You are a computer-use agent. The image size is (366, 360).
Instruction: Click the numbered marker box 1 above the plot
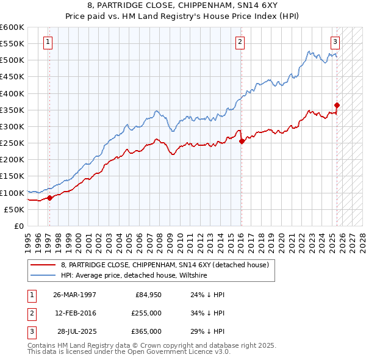pyautogui.click(x=48, y=41)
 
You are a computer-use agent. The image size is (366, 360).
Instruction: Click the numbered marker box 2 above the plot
pyautogui.click(x=240, y=41)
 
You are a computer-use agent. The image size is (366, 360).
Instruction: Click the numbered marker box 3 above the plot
pyautogui.click(x=335, y=41)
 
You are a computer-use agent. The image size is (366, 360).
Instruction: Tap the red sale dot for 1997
pyautogui.click(x=49, y=197)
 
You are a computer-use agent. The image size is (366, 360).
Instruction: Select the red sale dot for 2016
pyautogui.click(x=242, y=141)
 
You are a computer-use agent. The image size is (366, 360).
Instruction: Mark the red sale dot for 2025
pyautogui.click(x=337, y=105)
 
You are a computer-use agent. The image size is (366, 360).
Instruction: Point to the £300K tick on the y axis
pyautogui.click(x=12, y=126)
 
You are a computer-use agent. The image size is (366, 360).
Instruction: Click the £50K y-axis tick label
pyautogui.click(x=13, y=209)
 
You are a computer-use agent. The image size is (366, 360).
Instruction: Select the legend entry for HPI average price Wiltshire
pyautogui.click(x=134, y=276)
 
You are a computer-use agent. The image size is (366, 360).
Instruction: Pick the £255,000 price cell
pyautogui.click(x=147, y=313)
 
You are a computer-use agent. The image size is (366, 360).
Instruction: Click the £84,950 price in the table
pyautogui.click(x=148, y=295)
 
